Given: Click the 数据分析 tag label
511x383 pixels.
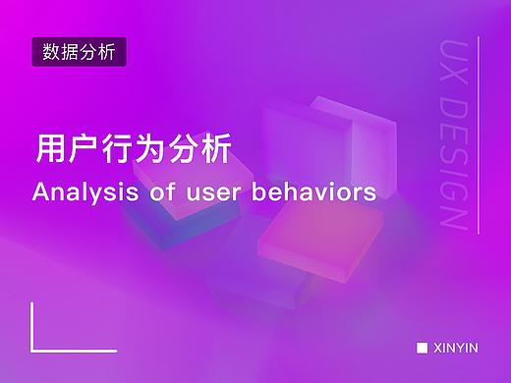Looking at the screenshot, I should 80,51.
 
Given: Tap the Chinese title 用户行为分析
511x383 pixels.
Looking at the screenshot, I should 133,150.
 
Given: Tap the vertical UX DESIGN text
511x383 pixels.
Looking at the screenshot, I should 453,136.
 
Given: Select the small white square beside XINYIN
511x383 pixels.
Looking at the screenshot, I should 422,348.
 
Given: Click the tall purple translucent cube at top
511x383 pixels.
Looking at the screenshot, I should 339,137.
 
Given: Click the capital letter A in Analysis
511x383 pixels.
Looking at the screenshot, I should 39,191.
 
